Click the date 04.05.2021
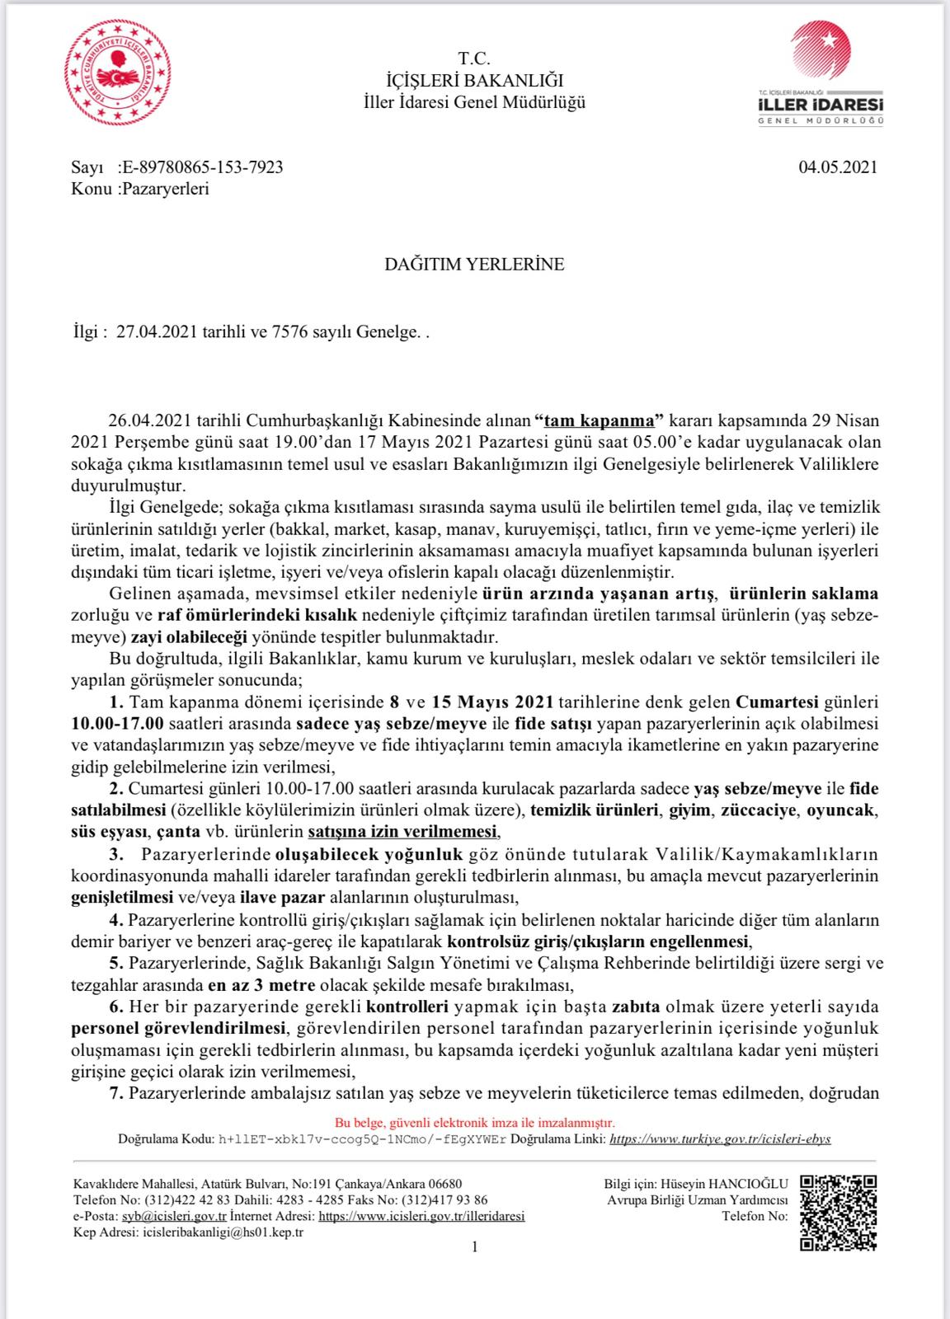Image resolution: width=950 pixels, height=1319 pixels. click(837, 167)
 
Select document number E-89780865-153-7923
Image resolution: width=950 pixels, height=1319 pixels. click(201, 167)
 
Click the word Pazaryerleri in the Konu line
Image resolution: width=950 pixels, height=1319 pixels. click(164, 189)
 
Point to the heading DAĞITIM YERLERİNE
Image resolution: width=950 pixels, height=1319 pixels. click(474, 265)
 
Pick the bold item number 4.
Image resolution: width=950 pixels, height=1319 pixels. click(116, 919)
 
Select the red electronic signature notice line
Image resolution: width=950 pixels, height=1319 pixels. click(474, 1122)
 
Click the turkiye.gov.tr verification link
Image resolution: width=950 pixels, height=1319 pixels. click(720, 1138)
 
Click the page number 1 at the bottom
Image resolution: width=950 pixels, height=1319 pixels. click(474, 1247)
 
